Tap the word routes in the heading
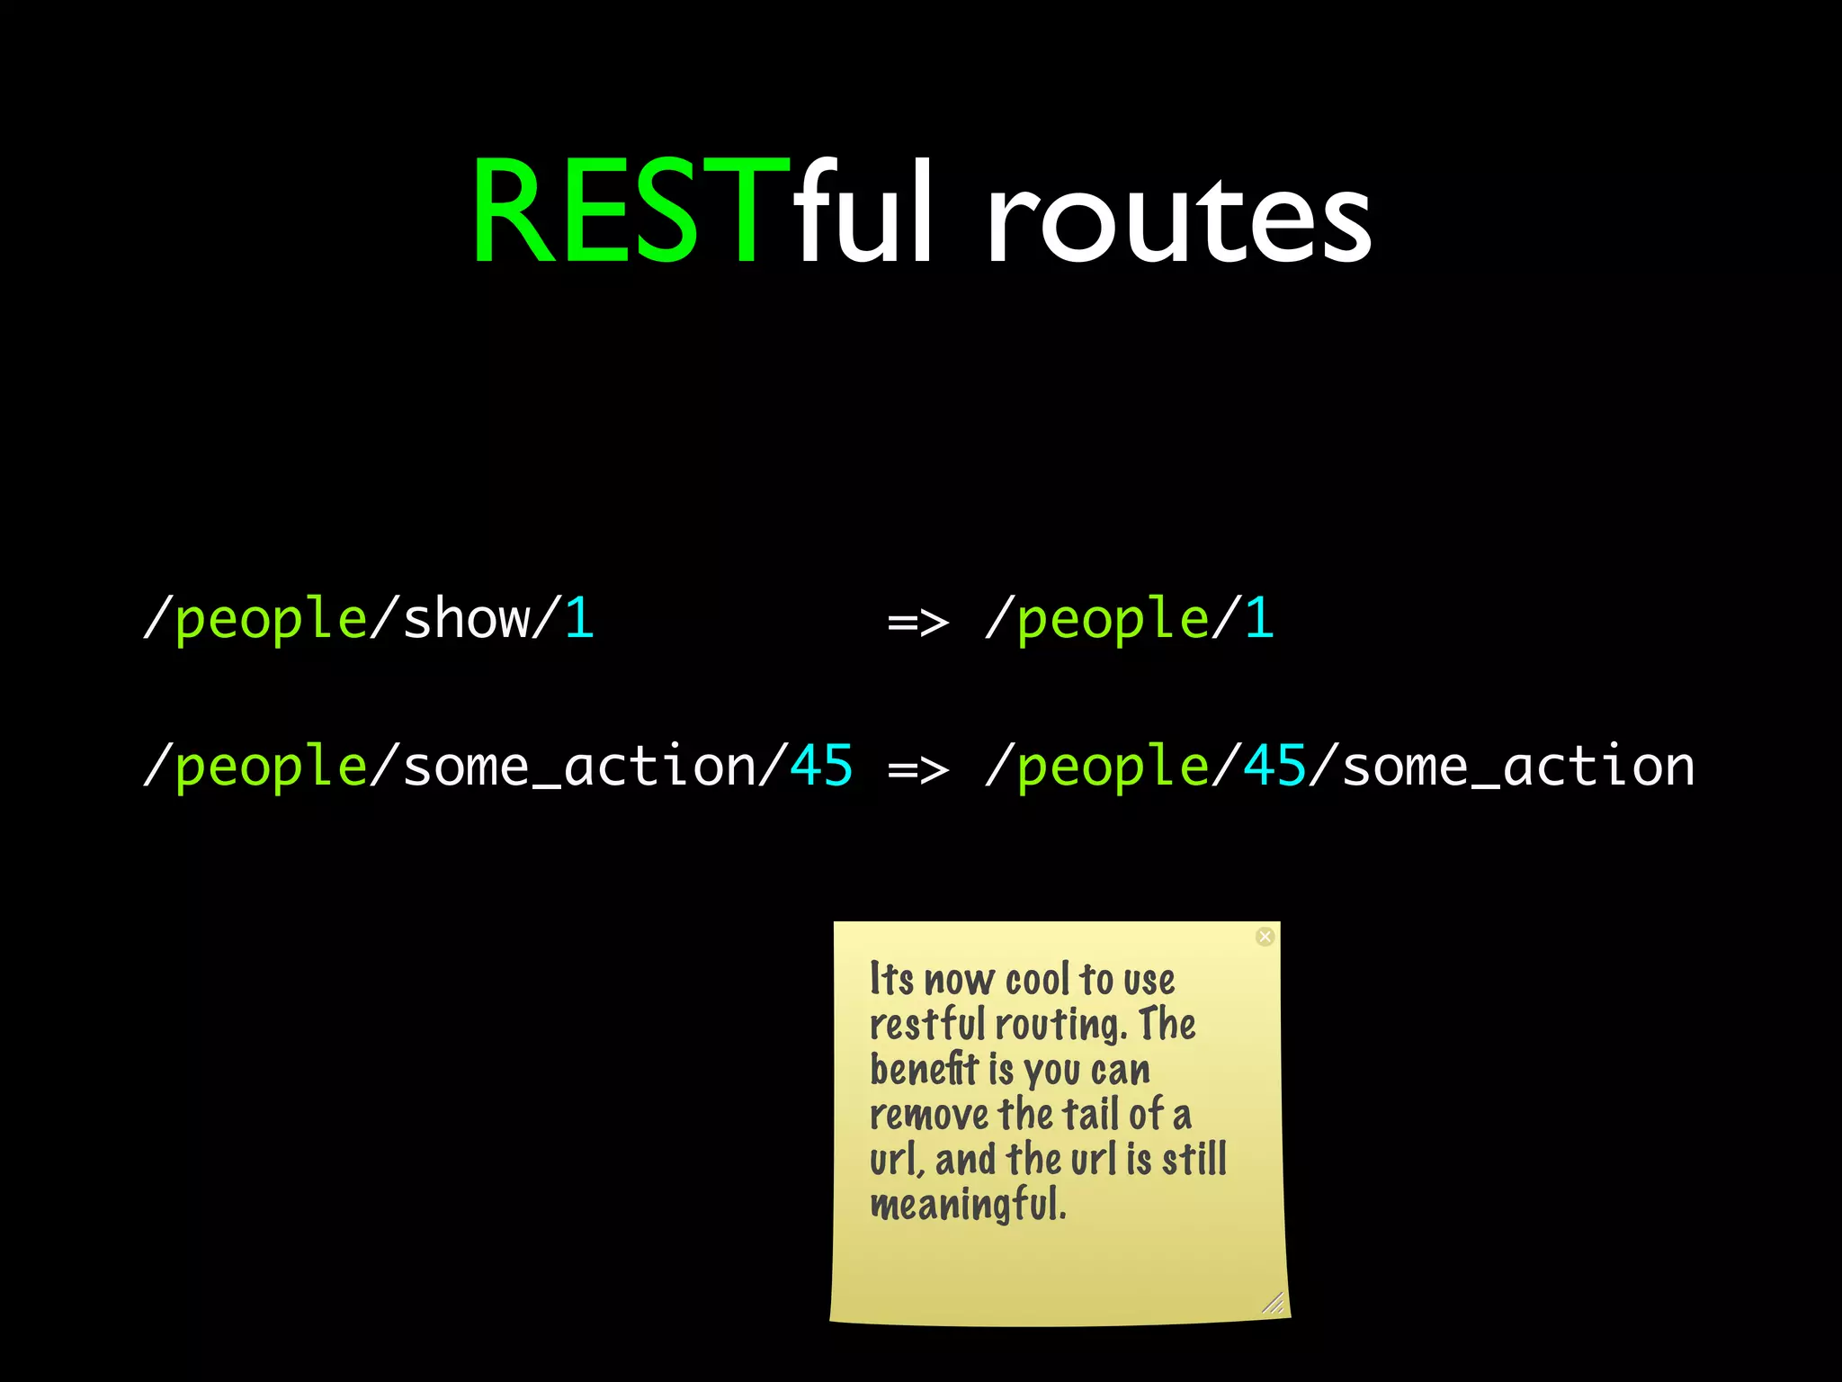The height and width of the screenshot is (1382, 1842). tap(1178, 220)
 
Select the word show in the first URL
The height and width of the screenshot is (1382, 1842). tap(467, 619)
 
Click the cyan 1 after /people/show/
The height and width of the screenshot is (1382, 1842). tap(579, 619)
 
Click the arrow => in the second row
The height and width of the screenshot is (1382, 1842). tap(917, 769)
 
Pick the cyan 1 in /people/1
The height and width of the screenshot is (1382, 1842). tap(1259, 619)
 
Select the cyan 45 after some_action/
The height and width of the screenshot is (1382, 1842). tap(820, 767)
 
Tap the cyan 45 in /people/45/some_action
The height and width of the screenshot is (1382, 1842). tap(1274, 767)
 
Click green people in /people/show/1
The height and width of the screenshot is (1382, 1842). tap(271, 621)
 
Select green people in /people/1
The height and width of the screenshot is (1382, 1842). tap(1113, 621)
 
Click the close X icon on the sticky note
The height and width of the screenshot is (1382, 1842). tap(1265, 937)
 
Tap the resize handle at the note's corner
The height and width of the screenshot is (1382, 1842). tap(1273, 1303)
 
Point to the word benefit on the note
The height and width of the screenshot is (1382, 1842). tap(924, 1070)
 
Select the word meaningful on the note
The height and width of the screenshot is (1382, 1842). tap(968, 1205)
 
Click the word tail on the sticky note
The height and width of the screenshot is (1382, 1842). tap(1092, 1115)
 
